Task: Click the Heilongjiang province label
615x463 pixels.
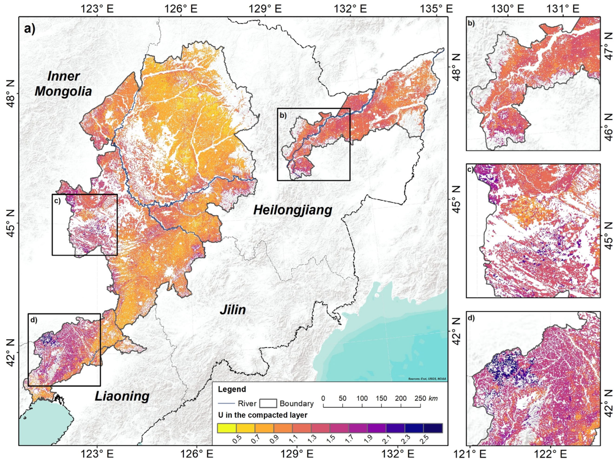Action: (292, 210)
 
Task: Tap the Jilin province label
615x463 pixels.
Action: (233, 310)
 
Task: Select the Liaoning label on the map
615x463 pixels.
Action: (122, 396)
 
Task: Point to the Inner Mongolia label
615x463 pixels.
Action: (63, 84)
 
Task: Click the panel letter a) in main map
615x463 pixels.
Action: (30, 29)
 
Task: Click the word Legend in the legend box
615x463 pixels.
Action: (232, 389)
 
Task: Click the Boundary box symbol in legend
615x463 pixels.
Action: (268, 403)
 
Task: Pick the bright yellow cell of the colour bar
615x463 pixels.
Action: (227, 428)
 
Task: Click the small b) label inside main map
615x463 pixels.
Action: (283, 115)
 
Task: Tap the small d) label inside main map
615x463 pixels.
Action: (34, 320)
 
